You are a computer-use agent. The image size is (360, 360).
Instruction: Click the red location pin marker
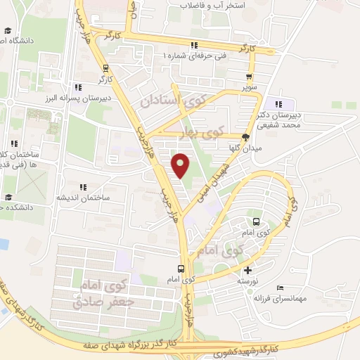(181, 165)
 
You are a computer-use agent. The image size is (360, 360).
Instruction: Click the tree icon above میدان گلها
(245, 137)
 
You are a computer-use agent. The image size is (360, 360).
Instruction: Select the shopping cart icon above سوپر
(249, 77)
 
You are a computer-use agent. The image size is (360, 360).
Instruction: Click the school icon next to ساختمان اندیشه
(83, 188)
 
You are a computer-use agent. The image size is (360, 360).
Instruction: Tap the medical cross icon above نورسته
(247, 270)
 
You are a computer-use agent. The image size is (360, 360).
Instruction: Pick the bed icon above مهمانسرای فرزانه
(281, 288)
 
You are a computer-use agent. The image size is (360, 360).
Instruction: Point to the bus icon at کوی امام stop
(181, 269)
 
